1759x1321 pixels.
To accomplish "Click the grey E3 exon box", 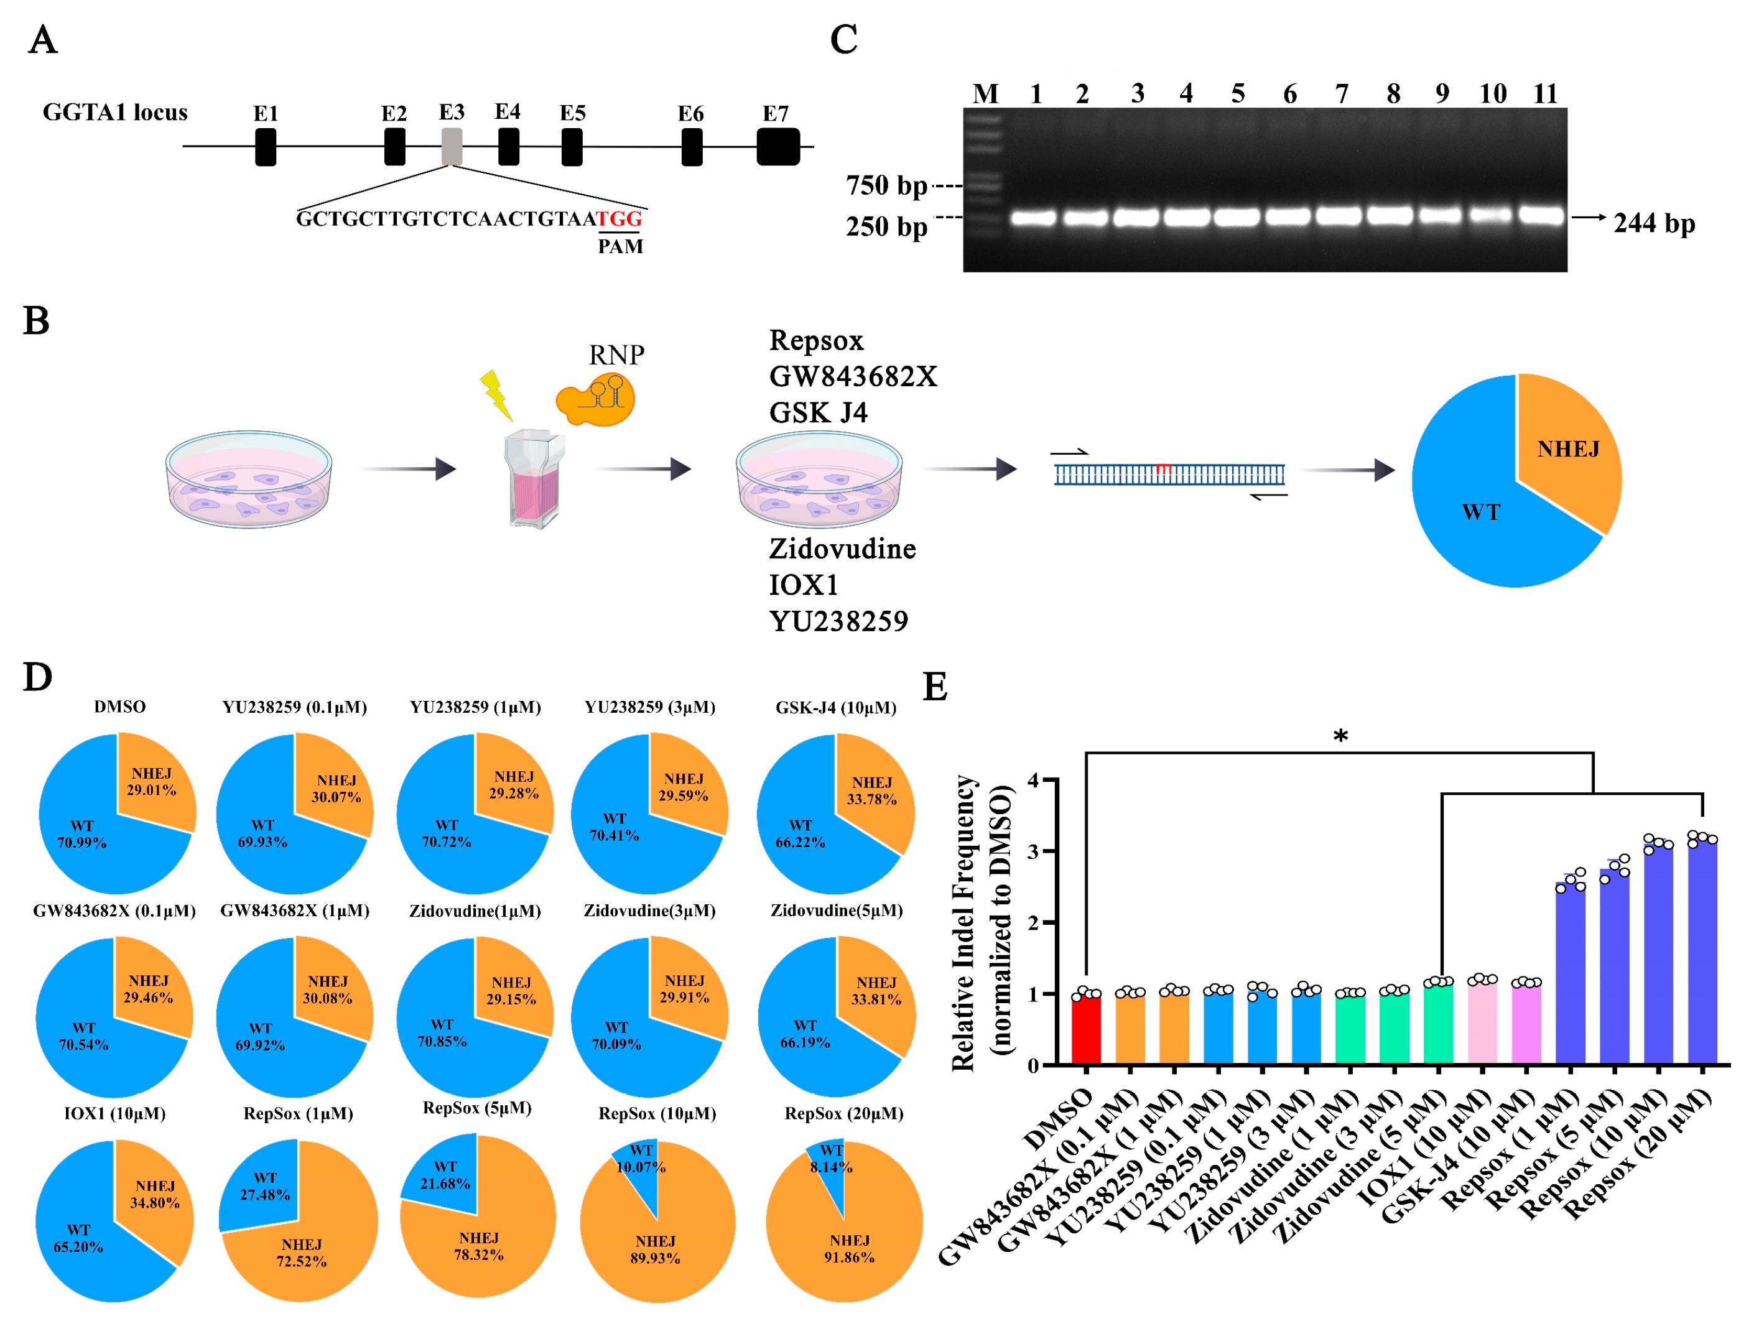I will (451, 146).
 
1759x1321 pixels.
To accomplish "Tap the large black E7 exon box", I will (777, 146).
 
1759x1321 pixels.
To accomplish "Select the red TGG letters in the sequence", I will (619, 219).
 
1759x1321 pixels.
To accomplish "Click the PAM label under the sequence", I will (620, 246).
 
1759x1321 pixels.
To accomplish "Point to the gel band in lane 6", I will (1288, 216).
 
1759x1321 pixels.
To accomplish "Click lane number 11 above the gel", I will (1544, 94).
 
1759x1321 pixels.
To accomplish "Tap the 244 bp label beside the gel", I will (1654, 223).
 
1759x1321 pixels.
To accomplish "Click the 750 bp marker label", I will (886, 186).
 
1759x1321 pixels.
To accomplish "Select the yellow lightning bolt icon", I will (496, 394).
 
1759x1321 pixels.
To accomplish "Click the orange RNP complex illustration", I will (596, 400).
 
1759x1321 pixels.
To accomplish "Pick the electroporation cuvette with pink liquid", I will (534, 477).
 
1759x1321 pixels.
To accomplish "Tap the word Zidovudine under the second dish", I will (842, 549).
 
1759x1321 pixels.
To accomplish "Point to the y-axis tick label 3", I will (1033, 851).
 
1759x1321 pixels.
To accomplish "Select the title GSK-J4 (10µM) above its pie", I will (836, 707).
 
